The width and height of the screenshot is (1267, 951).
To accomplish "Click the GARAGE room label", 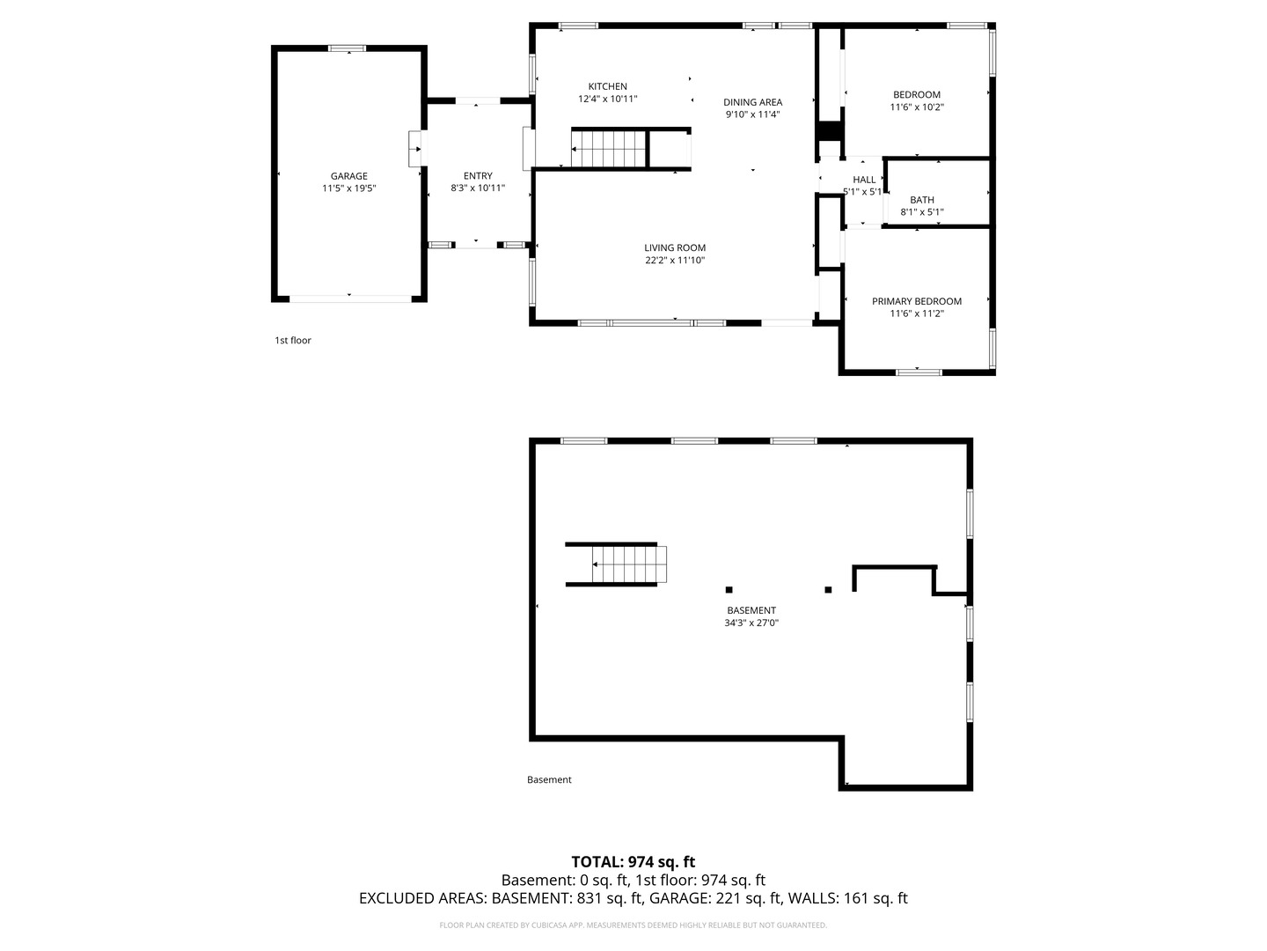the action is pos(348,176).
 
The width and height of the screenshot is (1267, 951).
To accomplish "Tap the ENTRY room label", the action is pos(478,176).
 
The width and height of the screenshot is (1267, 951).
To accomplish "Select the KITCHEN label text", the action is pos(607,86).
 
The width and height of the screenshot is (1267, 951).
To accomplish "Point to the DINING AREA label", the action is pos(752,102).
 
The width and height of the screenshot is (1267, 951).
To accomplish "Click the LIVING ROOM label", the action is pos(675,247).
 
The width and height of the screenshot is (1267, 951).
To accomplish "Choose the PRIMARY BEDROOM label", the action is pos(917,301).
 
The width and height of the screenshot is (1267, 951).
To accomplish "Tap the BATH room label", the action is pos(922,201).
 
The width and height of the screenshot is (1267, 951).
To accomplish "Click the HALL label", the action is pos(864,180).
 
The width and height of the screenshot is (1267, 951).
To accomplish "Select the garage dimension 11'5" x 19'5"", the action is pos(348,188).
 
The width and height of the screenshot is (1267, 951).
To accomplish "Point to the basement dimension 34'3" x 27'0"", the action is pos(751,623).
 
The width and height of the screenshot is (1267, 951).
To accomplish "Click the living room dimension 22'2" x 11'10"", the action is pos(675,261).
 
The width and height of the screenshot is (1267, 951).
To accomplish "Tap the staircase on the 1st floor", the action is pos(609,149).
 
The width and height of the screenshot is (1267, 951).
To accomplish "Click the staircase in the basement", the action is pos(629,564).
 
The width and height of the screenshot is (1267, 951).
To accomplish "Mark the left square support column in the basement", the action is pos(729,590).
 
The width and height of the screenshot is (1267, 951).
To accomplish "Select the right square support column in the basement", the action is pos(828,590).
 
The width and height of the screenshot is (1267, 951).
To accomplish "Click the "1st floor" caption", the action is pos(293,341).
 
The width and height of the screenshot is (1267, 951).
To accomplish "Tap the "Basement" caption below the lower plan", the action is pos(549,779).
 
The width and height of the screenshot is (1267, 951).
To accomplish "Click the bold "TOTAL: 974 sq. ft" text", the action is pos(633,861).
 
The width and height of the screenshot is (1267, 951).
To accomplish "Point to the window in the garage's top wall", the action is pos(347,48).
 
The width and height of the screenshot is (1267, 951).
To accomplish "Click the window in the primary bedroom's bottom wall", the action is pos(919,372).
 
